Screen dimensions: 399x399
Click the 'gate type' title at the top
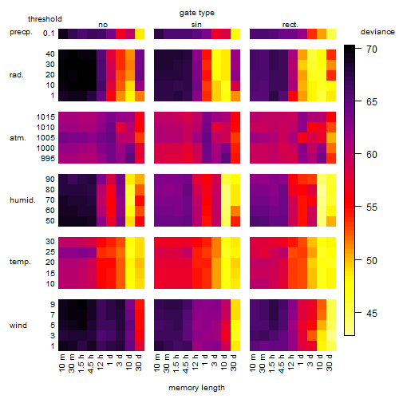[x=197, y=13]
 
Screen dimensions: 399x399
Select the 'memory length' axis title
[x=196, y=388]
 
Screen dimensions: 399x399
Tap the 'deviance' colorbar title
[x=377, y=32]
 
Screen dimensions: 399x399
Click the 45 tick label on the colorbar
[x=372, y=314]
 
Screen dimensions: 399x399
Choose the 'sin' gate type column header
[x=196, y=25]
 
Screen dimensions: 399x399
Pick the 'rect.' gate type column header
[x=290, y=25]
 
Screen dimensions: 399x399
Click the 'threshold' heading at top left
[x=45, y=19]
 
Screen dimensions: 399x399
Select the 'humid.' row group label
[x=22, y=200]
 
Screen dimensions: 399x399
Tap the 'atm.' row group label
[x=18, y=138]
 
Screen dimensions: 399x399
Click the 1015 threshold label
[x=45, y=117]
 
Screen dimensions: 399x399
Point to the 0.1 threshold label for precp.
[x=49, y=34]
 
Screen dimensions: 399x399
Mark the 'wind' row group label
[x=18, y=326]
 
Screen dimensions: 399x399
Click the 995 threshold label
[x=48, y=159]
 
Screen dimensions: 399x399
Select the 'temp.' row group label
[x=20, y=262]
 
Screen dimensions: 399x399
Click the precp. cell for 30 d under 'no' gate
[x=140, y=34]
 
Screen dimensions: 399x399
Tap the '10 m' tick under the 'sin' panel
[x=157, y=362]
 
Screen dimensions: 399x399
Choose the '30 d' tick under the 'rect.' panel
[x=330, y=362]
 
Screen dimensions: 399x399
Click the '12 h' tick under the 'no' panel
[x=100, y=362]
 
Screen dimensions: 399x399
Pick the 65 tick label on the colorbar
[x=372, y=102]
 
